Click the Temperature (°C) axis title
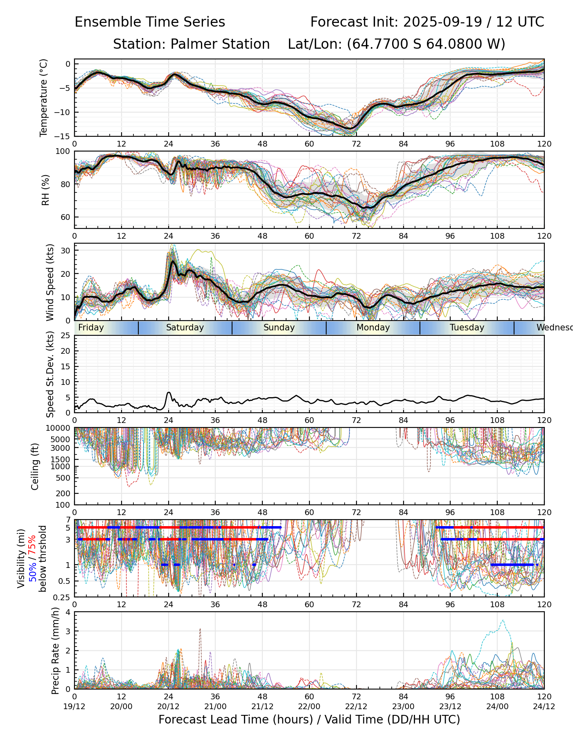tap(44, 97)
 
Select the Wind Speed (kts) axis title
tap(50, 282)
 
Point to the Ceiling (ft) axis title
tap(35, 466)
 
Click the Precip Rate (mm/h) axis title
tap(55, 651)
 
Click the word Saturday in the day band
tap(185, 328)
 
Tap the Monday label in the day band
tap(373, 328)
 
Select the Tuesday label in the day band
tap(467, 328)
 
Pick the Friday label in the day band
tap(91, 328)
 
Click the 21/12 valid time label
tap(262, 706)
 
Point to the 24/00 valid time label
tap(497, 706)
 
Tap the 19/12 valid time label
tap(74, 706)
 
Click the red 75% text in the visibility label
tap(32, 543)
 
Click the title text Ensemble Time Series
tap(150, 22)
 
